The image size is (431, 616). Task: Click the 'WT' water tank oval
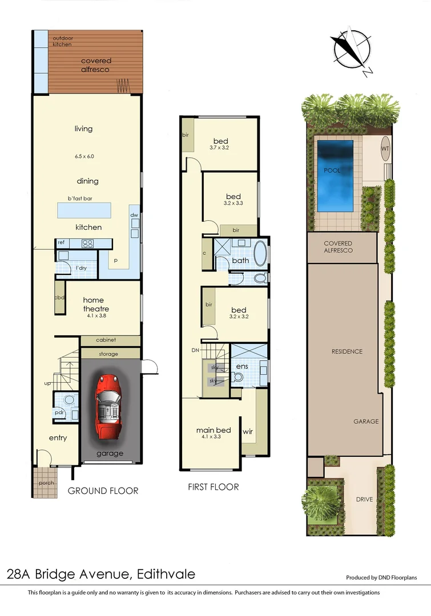tap(385, 149)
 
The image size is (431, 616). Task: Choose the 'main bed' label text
tap(214, 430)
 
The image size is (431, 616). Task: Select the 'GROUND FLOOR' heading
tap(103, 491)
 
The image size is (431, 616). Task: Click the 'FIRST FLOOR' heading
tap(214, 487)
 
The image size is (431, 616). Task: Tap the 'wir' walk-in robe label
tap(248, 432)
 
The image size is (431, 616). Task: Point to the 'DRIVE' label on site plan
tap(364, 499)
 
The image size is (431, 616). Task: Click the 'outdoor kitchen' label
tap(63, 41)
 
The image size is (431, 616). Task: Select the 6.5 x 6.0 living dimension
tap(83, 156)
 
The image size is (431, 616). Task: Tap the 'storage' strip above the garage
tap(108, 354)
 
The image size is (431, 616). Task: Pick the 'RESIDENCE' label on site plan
tap(347, 351)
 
